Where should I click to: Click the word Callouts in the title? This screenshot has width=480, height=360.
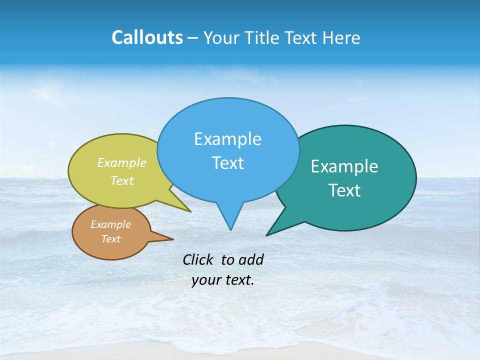pos(147,37)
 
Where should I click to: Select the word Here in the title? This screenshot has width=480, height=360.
pos(342,38)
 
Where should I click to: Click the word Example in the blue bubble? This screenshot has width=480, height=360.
pos(227,139)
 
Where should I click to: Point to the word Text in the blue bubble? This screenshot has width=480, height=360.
pos(227,163)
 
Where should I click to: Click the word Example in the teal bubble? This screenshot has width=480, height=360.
pos(344,166)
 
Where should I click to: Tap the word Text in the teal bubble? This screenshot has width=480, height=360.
pos(344,190)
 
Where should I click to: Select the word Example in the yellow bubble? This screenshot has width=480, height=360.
pos(122,162)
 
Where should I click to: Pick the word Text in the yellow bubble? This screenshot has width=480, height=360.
pos(122,180)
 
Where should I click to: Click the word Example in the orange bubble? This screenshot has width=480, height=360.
pos(110,224)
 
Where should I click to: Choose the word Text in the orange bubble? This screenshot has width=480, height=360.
pos(110,239)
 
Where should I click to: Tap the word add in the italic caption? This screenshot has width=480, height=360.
pos(251,259)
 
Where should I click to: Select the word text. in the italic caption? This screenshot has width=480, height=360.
pos(239,280)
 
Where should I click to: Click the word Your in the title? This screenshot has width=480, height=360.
pos(221,38)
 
